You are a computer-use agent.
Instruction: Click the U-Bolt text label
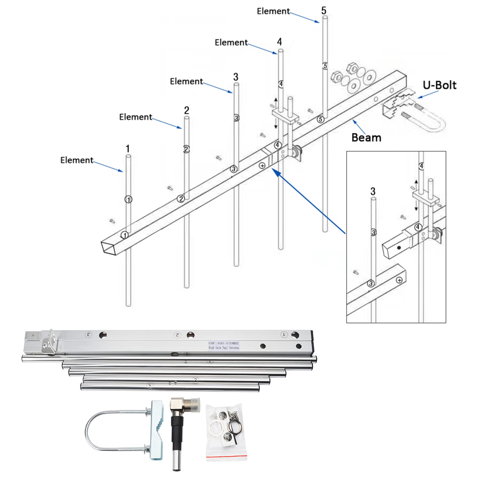click(x=439, y=85)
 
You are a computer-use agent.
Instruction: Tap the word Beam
click(x=366, y=138)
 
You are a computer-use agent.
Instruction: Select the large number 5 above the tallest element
click(x=324, y=11)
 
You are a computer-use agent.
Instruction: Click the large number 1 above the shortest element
click(x=128, y=148)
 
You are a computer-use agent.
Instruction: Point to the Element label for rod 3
click(x=186, y=81)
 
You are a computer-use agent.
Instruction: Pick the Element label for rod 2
click(x=136, y=117)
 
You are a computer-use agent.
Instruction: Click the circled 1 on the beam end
click(x=125, y=235)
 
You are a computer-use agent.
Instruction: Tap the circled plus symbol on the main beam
click(x=262, y=165)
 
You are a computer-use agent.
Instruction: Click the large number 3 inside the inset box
click(x=373, y=191)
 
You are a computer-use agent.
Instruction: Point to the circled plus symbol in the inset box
click(x=399, y=280)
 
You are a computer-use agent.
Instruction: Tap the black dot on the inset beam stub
click(x=399, y=247)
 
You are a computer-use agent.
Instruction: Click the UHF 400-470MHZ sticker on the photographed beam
click(x=224, y=346)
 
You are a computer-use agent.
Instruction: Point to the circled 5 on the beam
click(x=320, y=119)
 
